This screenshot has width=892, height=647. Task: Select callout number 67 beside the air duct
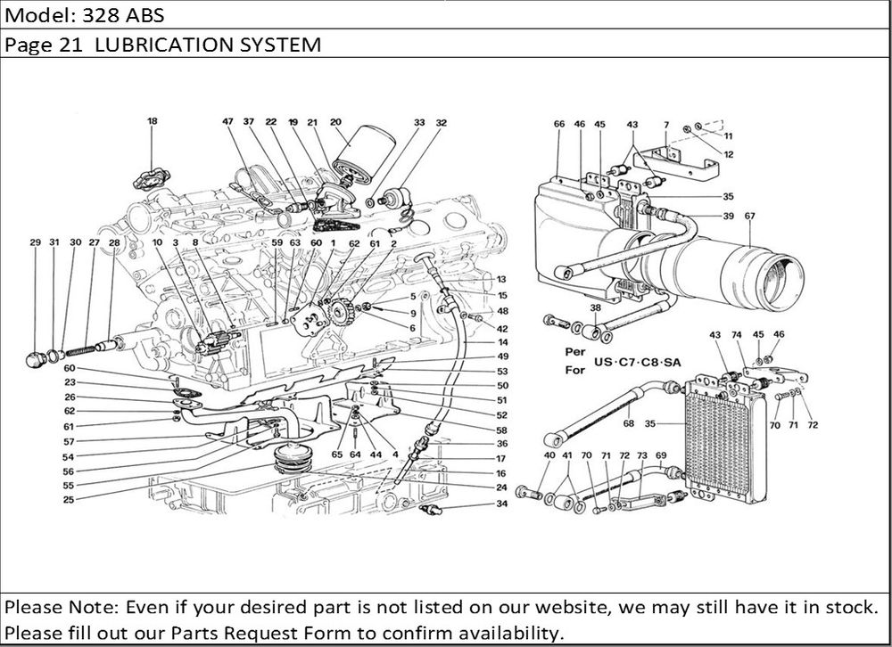(749, 216)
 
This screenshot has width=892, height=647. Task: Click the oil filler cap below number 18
(151, 177)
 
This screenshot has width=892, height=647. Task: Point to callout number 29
(36, 242)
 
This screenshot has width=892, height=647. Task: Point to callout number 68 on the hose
(628, 423)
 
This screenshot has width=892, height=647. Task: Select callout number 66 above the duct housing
(559, 125)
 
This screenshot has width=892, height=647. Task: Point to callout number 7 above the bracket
(666, 125)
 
